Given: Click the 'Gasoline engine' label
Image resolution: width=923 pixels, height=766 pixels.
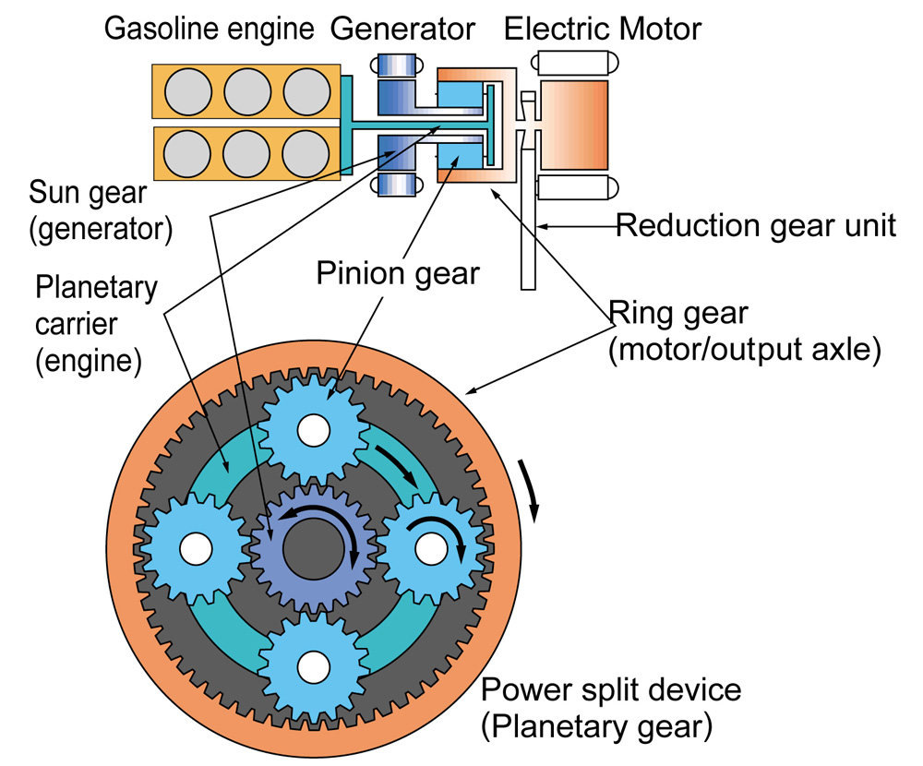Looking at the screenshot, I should pyautogui.click(x=209, y=29).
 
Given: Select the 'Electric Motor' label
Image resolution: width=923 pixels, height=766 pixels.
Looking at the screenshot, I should pyautogui.click(x=602, y=29).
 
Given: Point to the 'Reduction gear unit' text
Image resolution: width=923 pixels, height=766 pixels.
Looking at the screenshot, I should pyautogui.click(x=755, y=224).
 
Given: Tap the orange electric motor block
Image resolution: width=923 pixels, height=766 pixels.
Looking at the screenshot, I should pyautogui.click(x=573, y=126).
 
